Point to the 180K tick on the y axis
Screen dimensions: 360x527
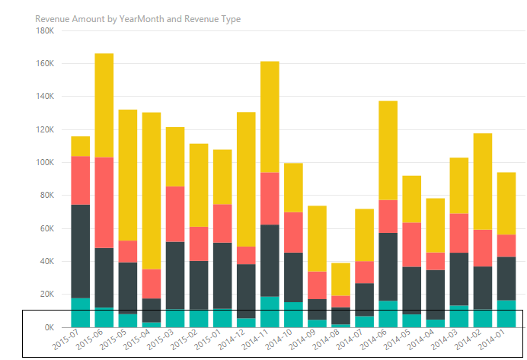coord(44,31)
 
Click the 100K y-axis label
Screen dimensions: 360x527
coord(44,163)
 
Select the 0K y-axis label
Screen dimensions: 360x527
coord(47,327)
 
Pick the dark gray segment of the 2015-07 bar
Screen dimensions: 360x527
coord(81,251)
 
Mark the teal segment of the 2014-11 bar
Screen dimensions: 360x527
coord(270,311)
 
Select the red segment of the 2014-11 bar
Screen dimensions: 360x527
coord(270,199)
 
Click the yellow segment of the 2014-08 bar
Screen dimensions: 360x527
coord(341,279)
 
